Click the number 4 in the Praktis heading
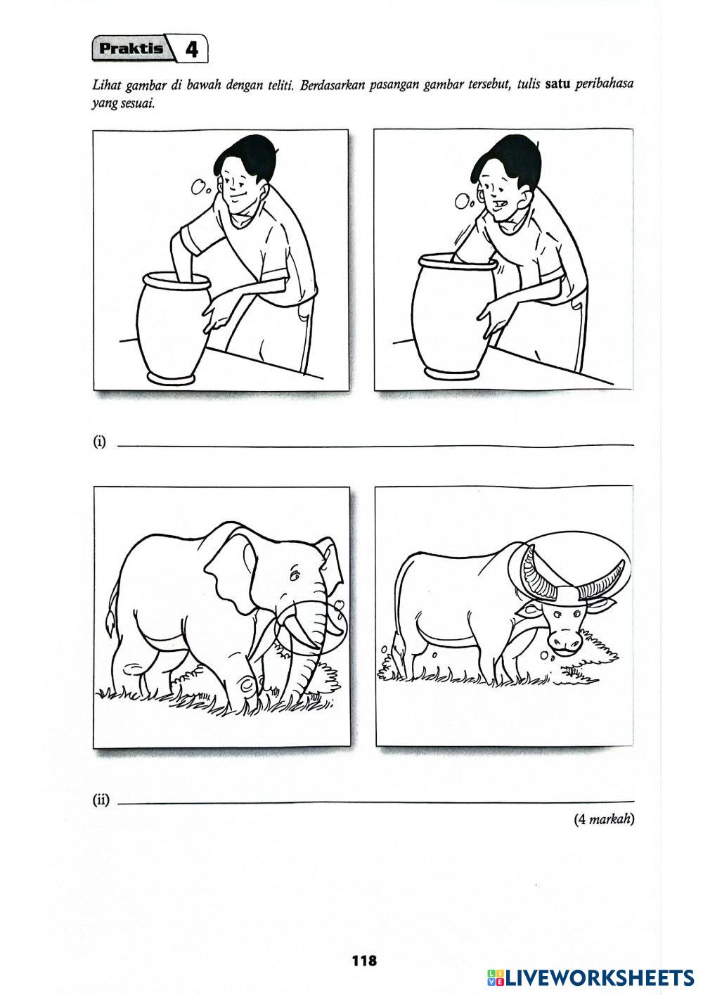(191, 49)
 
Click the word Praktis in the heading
(131, 49)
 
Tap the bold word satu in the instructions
(557, 84)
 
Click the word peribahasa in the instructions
(605, 85)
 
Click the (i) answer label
(99, 442)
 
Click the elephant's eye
(294, 577)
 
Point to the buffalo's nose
(564, 642)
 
